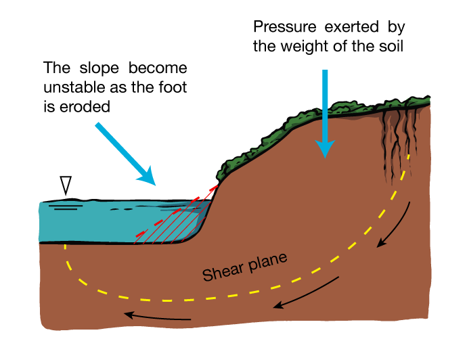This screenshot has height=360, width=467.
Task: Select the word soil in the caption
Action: [x=395, y=47]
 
